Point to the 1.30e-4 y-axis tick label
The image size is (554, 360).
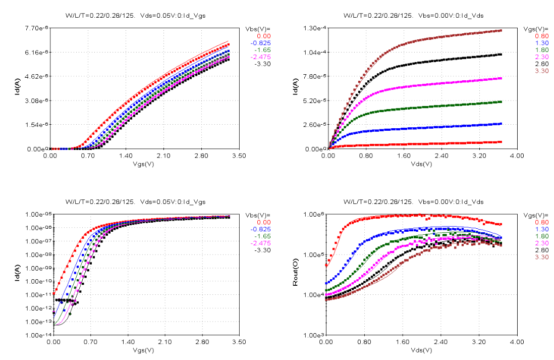pyautogui.click(x=312, y=28)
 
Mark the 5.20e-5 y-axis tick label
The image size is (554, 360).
pyautogui.click(x=312, y=100)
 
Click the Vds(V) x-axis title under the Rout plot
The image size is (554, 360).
pyautogui.click(x=421, y=349)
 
